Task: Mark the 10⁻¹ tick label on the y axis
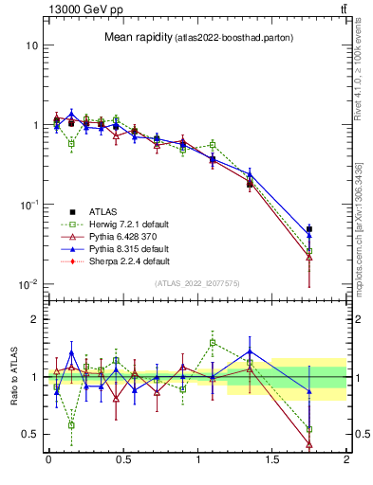pos(28,205)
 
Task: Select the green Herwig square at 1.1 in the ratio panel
pos(213,342)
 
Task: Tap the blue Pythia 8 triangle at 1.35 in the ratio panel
pos(250,337)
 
